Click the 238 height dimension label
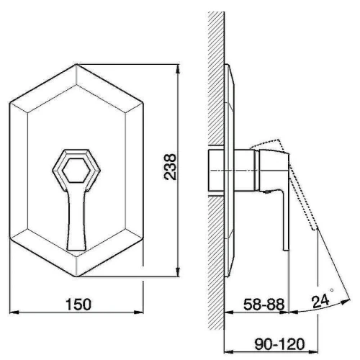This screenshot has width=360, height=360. [x=170, y=167]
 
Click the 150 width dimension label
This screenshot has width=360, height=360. [x=78, y=305]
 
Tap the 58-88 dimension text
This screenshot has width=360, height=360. [x=264, y=305]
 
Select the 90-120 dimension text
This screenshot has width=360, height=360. [x=279, y=344]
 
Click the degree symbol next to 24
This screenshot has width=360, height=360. [x=332, y=290]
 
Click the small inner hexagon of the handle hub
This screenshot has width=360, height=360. [x=76, y=170]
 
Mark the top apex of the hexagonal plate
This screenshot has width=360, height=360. [x=76, y=64]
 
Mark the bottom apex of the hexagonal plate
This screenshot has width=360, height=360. [x=76, y=276]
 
